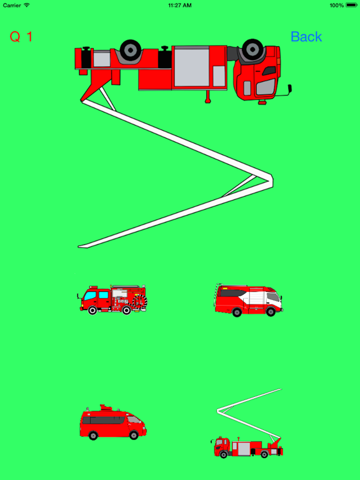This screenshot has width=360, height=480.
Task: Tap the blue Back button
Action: (306, 37)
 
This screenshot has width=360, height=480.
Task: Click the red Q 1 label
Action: (21, 37)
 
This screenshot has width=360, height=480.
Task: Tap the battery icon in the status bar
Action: (351, 5)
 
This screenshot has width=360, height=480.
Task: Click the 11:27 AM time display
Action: (180, 5)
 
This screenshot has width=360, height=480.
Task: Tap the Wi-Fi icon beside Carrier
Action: (27, 5)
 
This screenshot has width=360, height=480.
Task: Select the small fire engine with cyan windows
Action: (112, 300)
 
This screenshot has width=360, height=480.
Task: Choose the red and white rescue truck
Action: (249, 300)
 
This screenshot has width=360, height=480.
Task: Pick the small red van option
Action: (113, 422)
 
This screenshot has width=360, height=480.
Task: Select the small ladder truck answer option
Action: (247, 423)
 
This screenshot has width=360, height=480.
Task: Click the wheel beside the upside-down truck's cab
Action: (252, 49)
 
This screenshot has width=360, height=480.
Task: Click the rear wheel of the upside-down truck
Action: (131, 50)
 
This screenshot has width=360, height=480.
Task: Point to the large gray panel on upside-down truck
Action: (192, 67)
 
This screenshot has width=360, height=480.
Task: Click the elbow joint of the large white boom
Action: (269, 179)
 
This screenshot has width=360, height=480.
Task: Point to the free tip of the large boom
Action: (79, 246)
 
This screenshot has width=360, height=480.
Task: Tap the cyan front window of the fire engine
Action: (90, 296)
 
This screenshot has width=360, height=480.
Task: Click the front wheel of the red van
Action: (134, 435)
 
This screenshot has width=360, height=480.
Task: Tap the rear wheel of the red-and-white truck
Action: (237, 312)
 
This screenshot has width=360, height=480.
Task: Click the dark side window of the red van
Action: (104, 420)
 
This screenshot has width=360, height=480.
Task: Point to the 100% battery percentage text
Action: (337, 5)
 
